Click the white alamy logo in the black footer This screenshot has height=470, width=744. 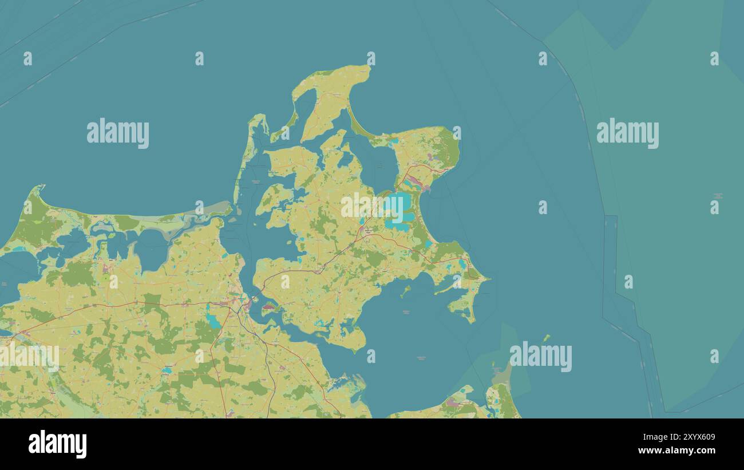tap(57, 444)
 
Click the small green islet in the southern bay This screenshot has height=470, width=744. tap(406, 291)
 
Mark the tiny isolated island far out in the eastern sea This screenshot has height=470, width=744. tap(547, 337)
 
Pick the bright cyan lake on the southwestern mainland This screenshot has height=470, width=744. tap(212, 321)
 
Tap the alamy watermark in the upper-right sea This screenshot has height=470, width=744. tap(627, 133)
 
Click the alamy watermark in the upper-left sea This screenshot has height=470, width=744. tap(118, 133)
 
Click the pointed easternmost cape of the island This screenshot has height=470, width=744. tap(487, 280)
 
